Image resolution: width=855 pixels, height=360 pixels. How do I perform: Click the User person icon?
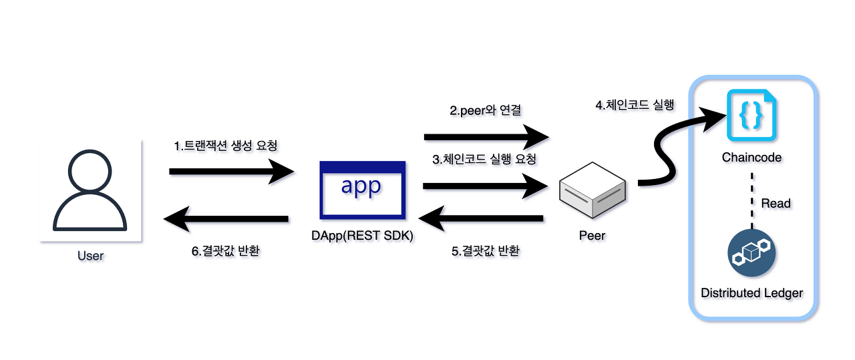pos(90,191)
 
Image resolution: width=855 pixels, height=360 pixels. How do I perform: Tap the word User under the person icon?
pos(91,256)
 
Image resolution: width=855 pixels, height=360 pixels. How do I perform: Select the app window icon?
pos(363,190)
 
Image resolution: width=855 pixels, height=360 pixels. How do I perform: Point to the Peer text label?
pos(592,236)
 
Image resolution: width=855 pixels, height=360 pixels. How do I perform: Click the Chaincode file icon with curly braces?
pos(751,118)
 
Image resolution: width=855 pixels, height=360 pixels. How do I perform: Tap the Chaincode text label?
pos(751,158)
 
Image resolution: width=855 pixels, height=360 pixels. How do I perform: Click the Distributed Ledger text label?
pos(751,293)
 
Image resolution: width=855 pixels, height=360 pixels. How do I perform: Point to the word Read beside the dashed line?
pos(776,203)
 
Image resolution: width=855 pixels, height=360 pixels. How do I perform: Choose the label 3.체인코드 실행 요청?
pos(484,160)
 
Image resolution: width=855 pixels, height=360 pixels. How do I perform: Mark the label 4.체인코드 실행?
pos(635,105)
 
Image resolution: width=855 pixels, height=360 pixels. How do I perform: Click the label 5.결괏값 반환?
pos(486,251)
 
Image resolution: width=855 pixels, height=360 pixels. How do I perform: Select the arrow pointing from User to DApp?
pos(230,172)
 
